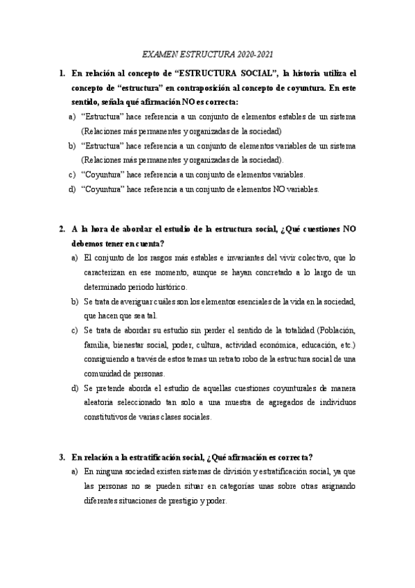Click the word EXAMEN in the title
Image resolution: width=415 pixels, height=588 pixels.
point(158,53)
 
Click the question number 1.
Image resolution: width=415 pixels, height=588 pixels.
point(62,72)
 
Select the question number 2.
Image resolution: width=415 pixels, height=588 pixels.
point(62,228)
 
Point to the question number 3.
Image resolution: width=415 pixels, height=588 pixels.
point(62,457)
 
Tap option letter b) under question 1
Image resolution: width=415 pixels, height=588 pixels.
point(72,146)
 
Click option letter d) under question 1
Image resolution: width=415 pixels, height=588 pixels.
point(72,189)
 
